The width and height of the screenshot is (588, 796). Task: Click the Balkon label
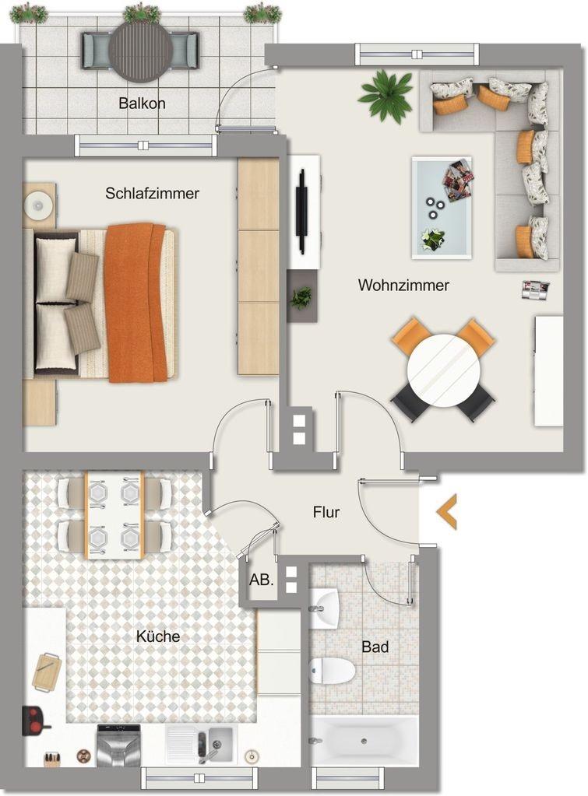pyautogui.click(x=142, y=103)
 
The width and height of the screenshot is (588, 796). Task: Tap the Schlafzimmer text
pyautogui.click(x=152, y=194)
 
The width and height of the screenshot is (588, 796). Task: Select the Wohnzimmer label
pyautogui.click(x=403, y=285)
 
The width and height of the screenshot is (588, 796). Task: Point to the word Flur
pyautogui.click(x=326, y=512)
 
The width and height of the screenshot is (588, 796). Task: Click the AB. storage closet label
pyautogui.click(x=261, y=580)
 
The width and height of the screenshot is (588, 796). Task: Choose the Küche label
pyautogui.click(x=158, y=636)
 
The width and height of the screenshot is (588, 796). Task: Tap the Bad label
pyautogui.click(x=375, y=647)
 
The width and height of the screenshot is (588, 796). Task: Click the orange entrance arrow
pyautogui.click(x=446, y=512)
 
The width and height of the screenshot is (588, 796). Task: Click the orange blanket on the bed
pyautogui.click(x=136, y=303)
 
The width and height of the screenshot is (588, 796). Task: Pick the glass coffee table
pyautogui.click(x=442, y=208)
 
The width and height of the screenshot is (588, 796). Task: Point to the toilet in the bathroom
pyautogui.click(x=331, y=670)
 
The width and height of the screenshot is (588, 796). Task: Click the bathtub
pyautogui.click(x=364, y=742)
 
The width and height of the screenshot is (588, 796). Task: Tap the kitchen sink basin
pyautogui.click(x=220, y=742)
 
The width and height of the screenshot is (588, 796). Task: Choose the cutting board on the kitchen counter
pyautogui.click(x=46, y=672)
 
